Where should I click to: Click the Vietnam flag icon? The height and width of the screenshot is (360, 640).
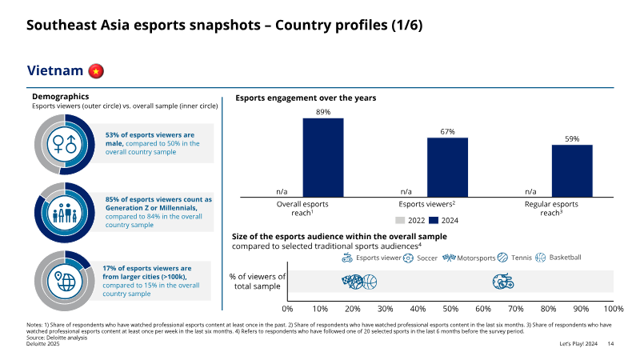(x=96, y=71)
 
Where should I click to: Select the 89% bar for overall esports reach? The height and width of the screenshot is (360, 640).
(x=323, y=158)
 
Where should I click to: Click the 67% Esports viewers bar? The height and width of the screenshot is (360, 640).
(x=447, y=167)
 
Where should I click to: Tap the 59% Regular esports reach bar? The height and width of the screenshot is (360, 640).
(x=572, y=171)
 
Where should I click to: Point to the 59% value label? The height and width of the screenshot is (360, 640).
(x=572, y=138)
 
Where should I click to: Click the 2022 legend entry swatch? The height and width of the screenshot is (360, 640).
(x=400, y=221)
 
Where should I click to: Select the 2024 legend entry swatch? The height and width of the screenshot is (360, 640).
(x=434, y=221)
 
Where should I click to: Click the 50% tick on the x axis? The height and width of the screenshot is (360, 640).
(x=450, y=309)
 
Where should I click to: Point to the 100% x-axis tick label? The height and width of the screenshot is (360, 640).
(x=614, y=309)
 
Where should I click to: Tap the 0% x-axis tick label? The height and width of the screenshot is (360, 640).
(x=287, y=309)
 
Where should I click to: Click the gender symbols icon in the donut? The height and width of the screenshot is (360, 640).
(x=65, y=144)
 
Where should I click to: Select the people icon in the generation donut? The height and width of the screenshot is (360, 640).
(x=65, y=213)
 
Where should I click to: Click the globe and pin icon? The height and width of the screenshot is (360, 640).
(x=65, y=282)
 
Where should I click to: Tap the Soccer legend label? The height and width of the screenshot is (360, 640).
(x=427, y=258)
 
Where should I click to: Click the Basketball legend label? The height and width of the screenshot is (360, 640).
(x=565, y=258)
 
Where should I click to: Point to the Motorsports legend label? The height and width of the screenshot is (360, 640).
(x=476, y=258)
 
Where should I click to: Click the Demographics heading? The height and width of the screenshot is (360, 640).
(x=61, y=96)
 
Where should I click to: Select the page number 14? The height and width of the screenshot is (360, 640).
(x=610, y=344)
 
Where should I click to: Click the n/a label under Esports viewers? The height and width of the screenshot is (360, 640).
(x=406, y=191)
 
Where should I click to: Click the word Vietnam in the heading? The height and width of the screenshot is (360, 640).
(x=55, y=70)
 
